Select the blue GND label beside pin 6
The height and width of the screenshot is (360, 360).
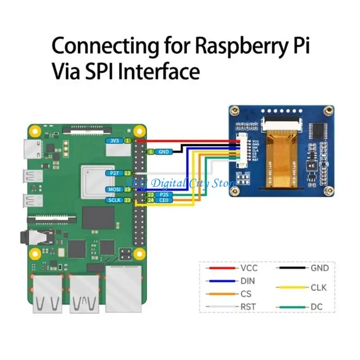click(163, 152)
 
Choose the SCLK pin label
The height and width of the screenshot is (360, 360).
click(112, 200)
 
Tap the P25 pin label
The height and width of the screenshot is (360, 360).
click(163, 194)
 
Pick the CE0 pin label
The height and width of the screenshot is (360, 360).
click(163, 200)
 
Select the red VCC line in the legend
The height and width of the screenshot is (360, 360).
click(221, 268)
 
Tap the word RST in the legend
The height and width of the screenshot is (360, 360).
click(248, 307)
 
